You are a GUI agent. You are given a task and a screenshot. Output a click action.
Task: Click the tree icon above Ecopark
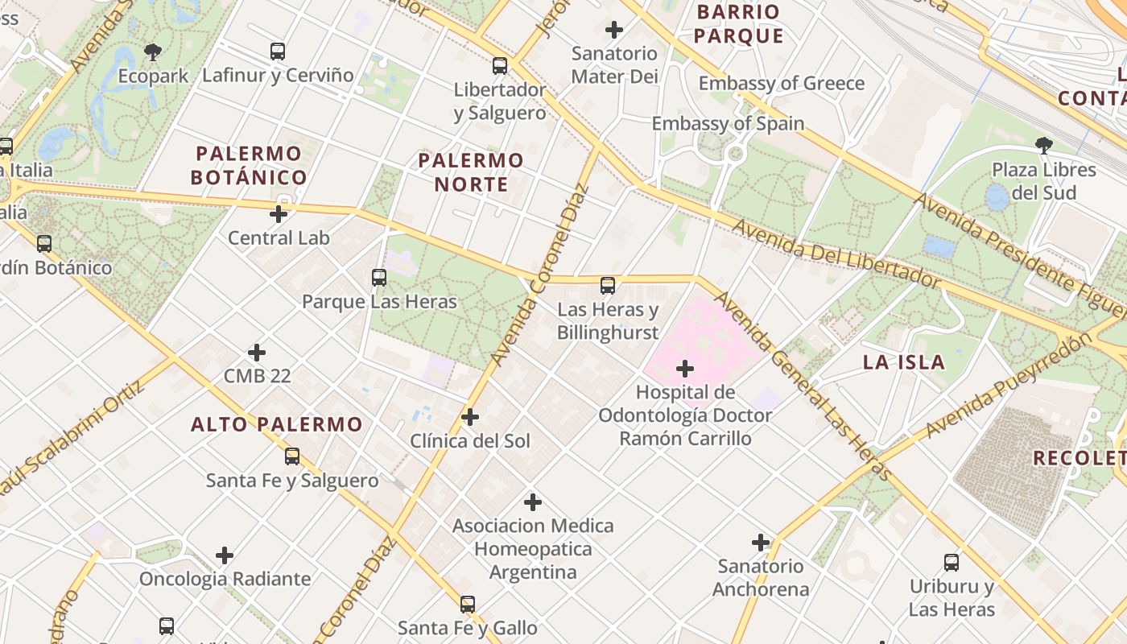pyautogui.click(x=153, y=53)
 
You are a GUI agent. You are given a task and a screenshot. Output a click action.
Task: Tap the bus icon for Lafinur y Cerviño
pyautogui.click(x=278, y=52)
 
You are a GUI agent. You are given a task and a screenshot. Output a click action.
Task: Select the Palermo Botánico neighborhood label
pyautogui.click(x=249, y=166)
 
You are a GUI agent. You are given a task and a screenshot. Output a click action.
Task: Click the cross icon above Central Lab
pyautogui.click(x=279, y=214)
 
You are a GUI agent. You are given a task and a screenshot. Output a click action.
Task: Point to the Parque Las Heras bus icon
pyautogui.click(x=379, y=278)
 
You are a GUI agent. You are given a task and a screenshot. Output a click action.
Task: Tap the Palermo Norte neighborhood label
pyautogui.click(x=471, y=172)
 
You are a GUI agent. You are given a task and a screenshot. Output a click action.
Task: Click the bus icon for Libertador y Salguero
pyautogui.click(x=500, y=66)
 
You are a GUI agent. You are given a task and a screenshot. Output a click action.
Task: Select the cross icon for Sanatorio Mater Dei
pyautogui.click(x=614, y=31)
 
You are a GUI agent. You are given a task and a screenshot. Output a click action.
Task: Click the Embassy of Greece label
pyautogui.click(x=781, y=84)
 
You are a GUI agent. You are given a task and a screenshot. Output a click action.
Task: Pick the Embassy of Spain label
pyautogui.click(x=728, y=124)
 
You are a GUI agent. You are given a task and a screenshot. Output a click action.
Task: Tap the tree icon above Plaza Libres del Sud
pyautogui.click(x=1043, y=146)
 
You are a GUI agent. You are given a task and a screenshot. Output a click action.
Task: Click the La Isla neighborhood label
pyautogui.click(x=904, y=362)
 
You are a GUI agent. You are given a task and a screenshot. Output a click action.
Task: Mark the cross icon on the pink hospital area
pyautogui.click(x=685, y=369)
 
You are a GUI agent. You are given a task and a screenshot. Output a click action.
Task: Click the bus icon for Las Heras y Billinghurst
pyautogui.click(x=608, y=286)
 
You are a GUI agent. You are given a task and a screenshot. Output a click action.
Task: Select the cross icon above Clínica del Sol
pyautogui.click(x=470, y=417)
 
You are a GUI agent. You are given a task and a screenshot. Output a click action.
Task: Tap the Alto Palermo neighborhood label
pyautogui.click(x=276, y=424)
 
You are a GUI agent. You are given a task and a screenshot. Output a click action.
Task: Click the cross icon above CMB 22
pyautogui.click(x=257, y=353)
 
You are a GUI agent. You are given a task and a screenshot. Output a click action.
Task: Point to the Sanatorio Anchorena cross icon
pyautogui.click(x=761, y=543)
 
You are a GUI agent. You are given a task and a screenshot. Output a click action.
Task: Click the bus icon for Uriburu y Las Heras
pyautogui.click(x=952, y=563)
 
